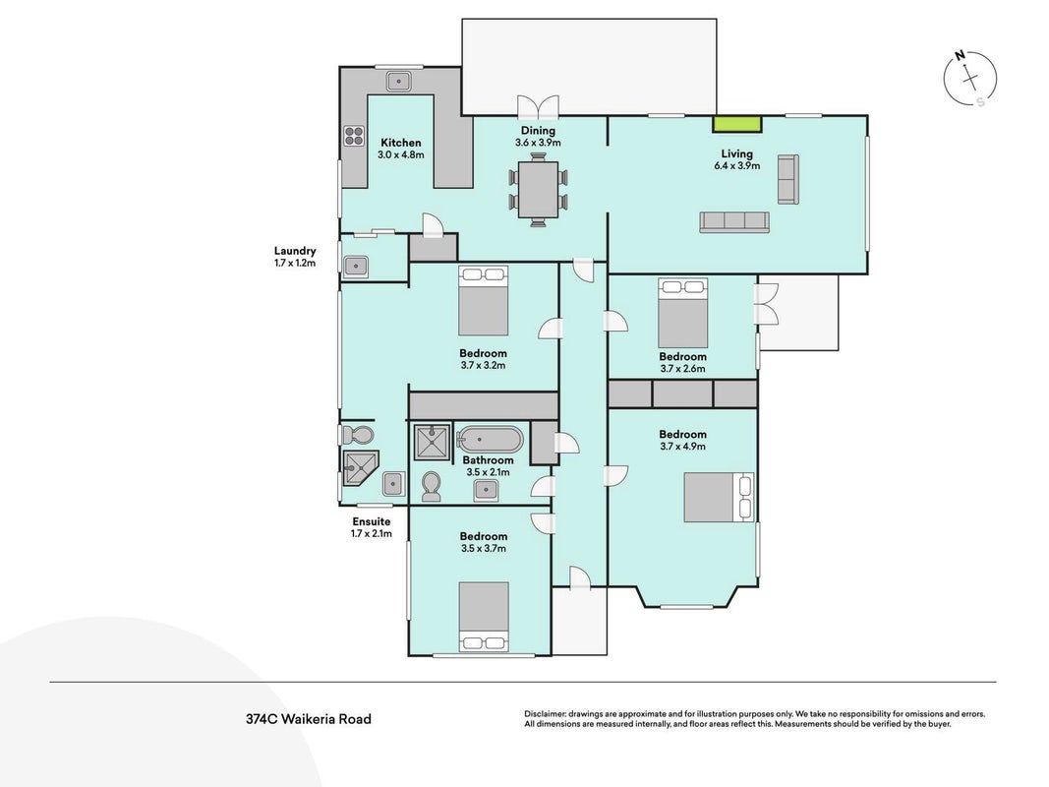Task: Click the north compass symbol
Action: pyautogui.click(x=969, y=79)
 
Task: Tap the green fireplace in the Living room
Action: pyautogui.click(x=736, y=124)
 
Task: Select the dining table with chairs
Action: pyautogui.click(x=538, y=190)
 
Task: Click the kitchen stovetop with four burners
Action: pyautogui.click(x=353, y=136)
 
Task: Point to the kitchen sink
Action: pyautogui.click(x=398, y=82)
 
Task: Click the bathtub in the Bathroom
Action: pyautogui.click(x=489, y=440)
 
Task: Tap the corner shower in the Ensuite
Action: pyautogui.click(x=360, y=467)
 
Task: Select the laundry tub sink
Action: pyautogui.click(x=356, y=267)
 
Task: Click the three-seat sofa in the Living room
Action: pyautogui.click(x=733, y=222)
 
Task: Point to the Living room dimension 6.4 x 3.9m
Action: pyautogui.click(x=736, y=165)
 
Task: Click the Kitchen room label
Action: pyautogui.click(x=401, y=143)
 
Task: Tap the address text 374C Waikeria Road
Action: pyautogui.click(x=309, y=719)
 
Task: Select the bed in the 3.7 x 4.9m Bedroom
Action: pyautogui.click(x=719, y=497)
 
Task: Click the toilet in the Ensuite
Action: pyautogui.click(x=357, y=436)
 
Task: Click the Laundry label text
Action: pyautogui.click(x=295, y=251)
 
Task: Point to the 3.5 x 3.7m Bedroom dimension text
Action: pyautogui.click(x=483, y=549)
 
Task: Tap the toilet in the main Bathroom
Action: pyautogui.click(x=432, y=487)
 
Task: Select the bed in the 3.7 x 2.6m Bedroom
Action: pyautogui.click(x=683, y=313)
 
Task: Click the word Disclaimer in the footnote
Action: pyautogui.click(x=546, y=714)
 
